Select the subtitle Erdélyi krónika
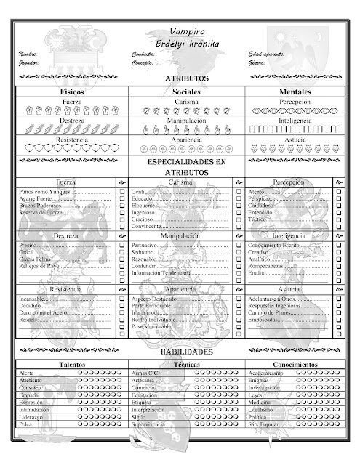[x=187, y=44]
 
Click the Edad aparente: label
[x=266, y=54]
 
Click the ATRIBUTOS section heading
[x=187, y=78]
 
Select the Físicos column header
[x=72, y=92]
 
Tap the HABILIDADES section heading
[x=187, y=351]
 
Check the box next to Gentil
[x=239, y=191]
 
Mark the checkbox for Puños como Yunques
[x=121, y=191]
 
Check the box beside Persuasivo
[x=239, y=246]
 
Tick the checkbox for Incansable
[x=121, y=299]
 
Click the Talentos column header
[x=72, y=363]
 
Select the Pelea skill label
[x=26, y=434]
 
